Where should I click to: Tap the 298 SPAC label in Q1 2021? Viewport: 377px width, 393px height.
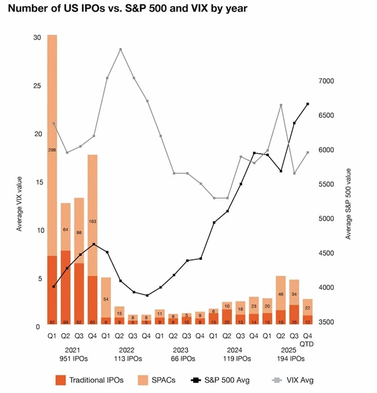pos(52,150)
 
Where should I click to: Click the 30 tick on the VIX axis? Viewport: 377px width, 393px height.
pos(37,37)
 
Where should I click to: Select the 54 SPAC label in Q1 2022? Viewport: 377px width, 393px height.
pos(106,299)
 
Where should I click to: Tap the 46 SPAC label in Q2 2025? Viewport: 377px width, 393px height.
pos(281,293)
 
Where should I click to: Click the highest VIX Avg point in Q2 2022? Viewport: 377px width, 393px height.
pos(120,49)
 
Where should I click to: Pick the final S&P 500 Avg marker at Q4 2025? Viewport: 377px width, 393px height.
pos(307,104)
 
